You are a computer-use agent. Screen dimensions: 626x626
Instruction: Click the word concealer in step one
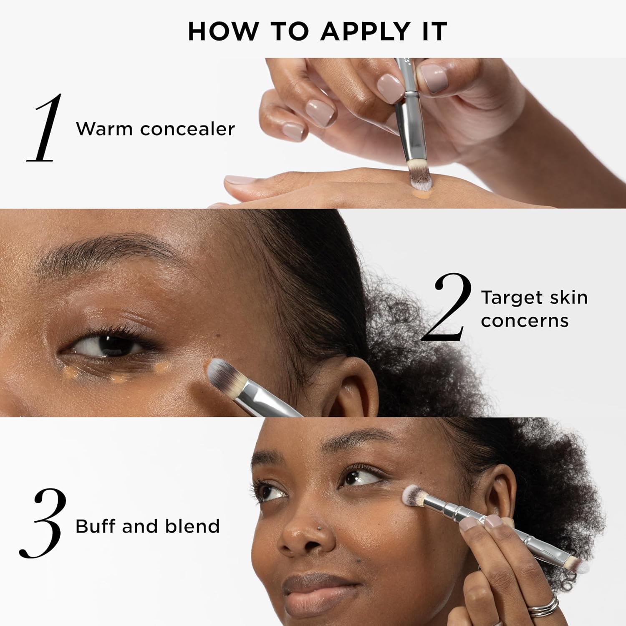(187, 129)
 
